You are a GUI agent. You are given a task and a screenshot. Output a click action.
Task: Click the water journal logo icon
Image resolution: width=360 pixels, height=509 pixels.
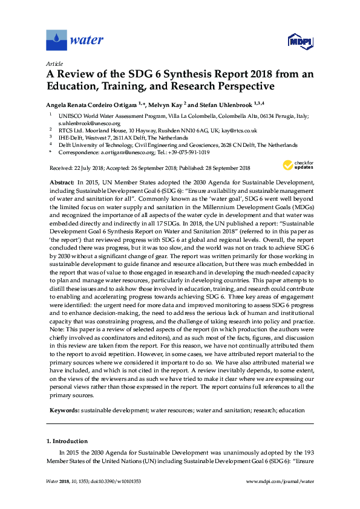(57, 41)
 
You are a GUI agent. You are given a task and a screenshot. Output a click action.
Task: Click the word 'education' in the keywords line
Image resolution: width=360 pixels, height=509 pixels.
(292, 410)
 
